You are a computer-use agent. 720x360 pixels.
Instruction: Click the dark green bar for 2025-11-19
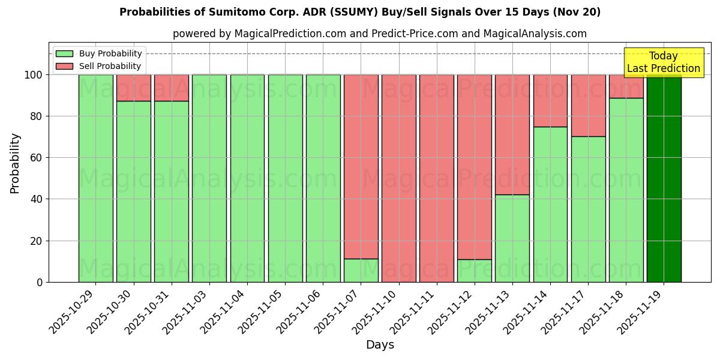point(664,178)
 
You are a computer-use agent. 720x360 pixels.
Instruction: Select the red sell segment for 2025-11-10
point(398,178)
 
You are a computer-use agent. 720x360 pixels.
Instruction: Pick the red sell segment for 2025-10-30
point(133,88)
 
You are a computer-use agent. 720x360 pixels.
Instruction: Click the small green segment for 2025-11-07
point(361,270)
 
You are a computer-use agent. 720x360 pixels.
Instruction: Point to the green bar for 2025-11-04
point(247,178)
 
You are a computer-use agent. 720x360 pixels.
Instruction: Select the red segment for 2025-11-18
point(626,86)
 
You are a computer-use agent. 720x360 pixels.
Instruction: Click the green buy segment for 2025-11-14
point(550,204)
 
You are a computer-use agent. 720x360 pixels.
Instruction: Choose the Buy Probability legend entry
point(99,53)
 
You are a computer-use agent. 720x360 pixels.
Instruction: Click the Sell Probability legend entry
point(99,66)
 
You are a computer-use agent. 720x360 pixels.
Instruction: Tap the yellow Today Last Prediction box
point(663,62)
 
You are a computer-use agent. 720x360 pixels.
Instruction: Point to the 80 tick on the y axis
point(37,116)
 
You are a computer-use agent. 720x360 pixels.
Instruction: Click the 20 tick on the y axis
point(37,241)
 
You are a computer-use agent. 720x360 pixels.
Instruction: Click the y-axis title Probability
point(15,163)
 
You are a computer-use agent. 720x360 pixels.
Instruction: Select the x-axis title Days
point(380,345)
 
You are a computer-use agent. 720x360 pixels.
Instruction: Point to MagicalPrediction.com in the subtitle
point(289,34)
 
